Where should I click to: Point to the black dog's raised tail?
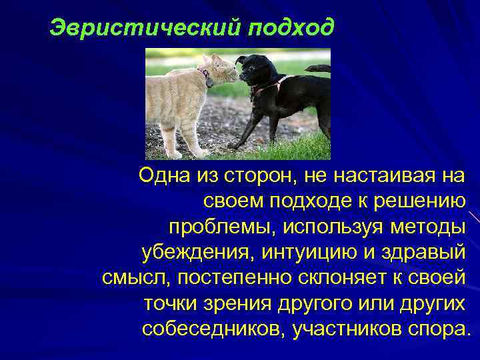[x=319, y=67]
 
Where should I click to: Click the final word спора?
[x=440, y=328]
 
